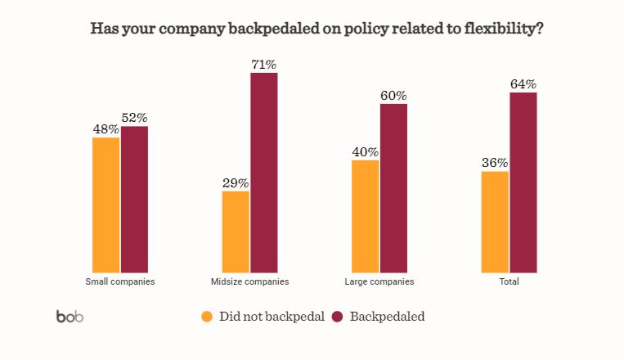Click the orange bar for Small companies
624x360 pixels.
[106, 205]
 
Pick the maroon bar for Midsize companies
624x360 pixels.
[264, 172]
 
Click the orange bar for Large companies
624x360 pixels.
[366, 216]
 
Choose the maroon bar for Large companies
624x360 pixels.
[393, 187]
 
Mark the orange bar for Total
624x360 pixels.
[495, 222]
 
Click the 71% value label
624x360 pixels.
[264, 64]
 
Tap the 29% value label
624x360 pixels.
[236, 182]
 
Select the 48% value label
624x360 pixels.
[106, 128]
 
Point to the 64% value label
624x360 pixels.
[523, 83]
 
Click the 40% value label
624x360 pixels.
[366, 151]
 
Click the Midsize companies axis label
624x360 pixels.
[249, 281]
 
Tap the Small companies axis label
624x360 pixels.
[120, 281]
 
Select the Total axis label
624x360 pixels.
[509, 281]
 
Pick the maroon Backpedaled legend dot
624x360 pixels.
[337, 317]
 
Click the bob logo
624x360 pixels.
[70, 317]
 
